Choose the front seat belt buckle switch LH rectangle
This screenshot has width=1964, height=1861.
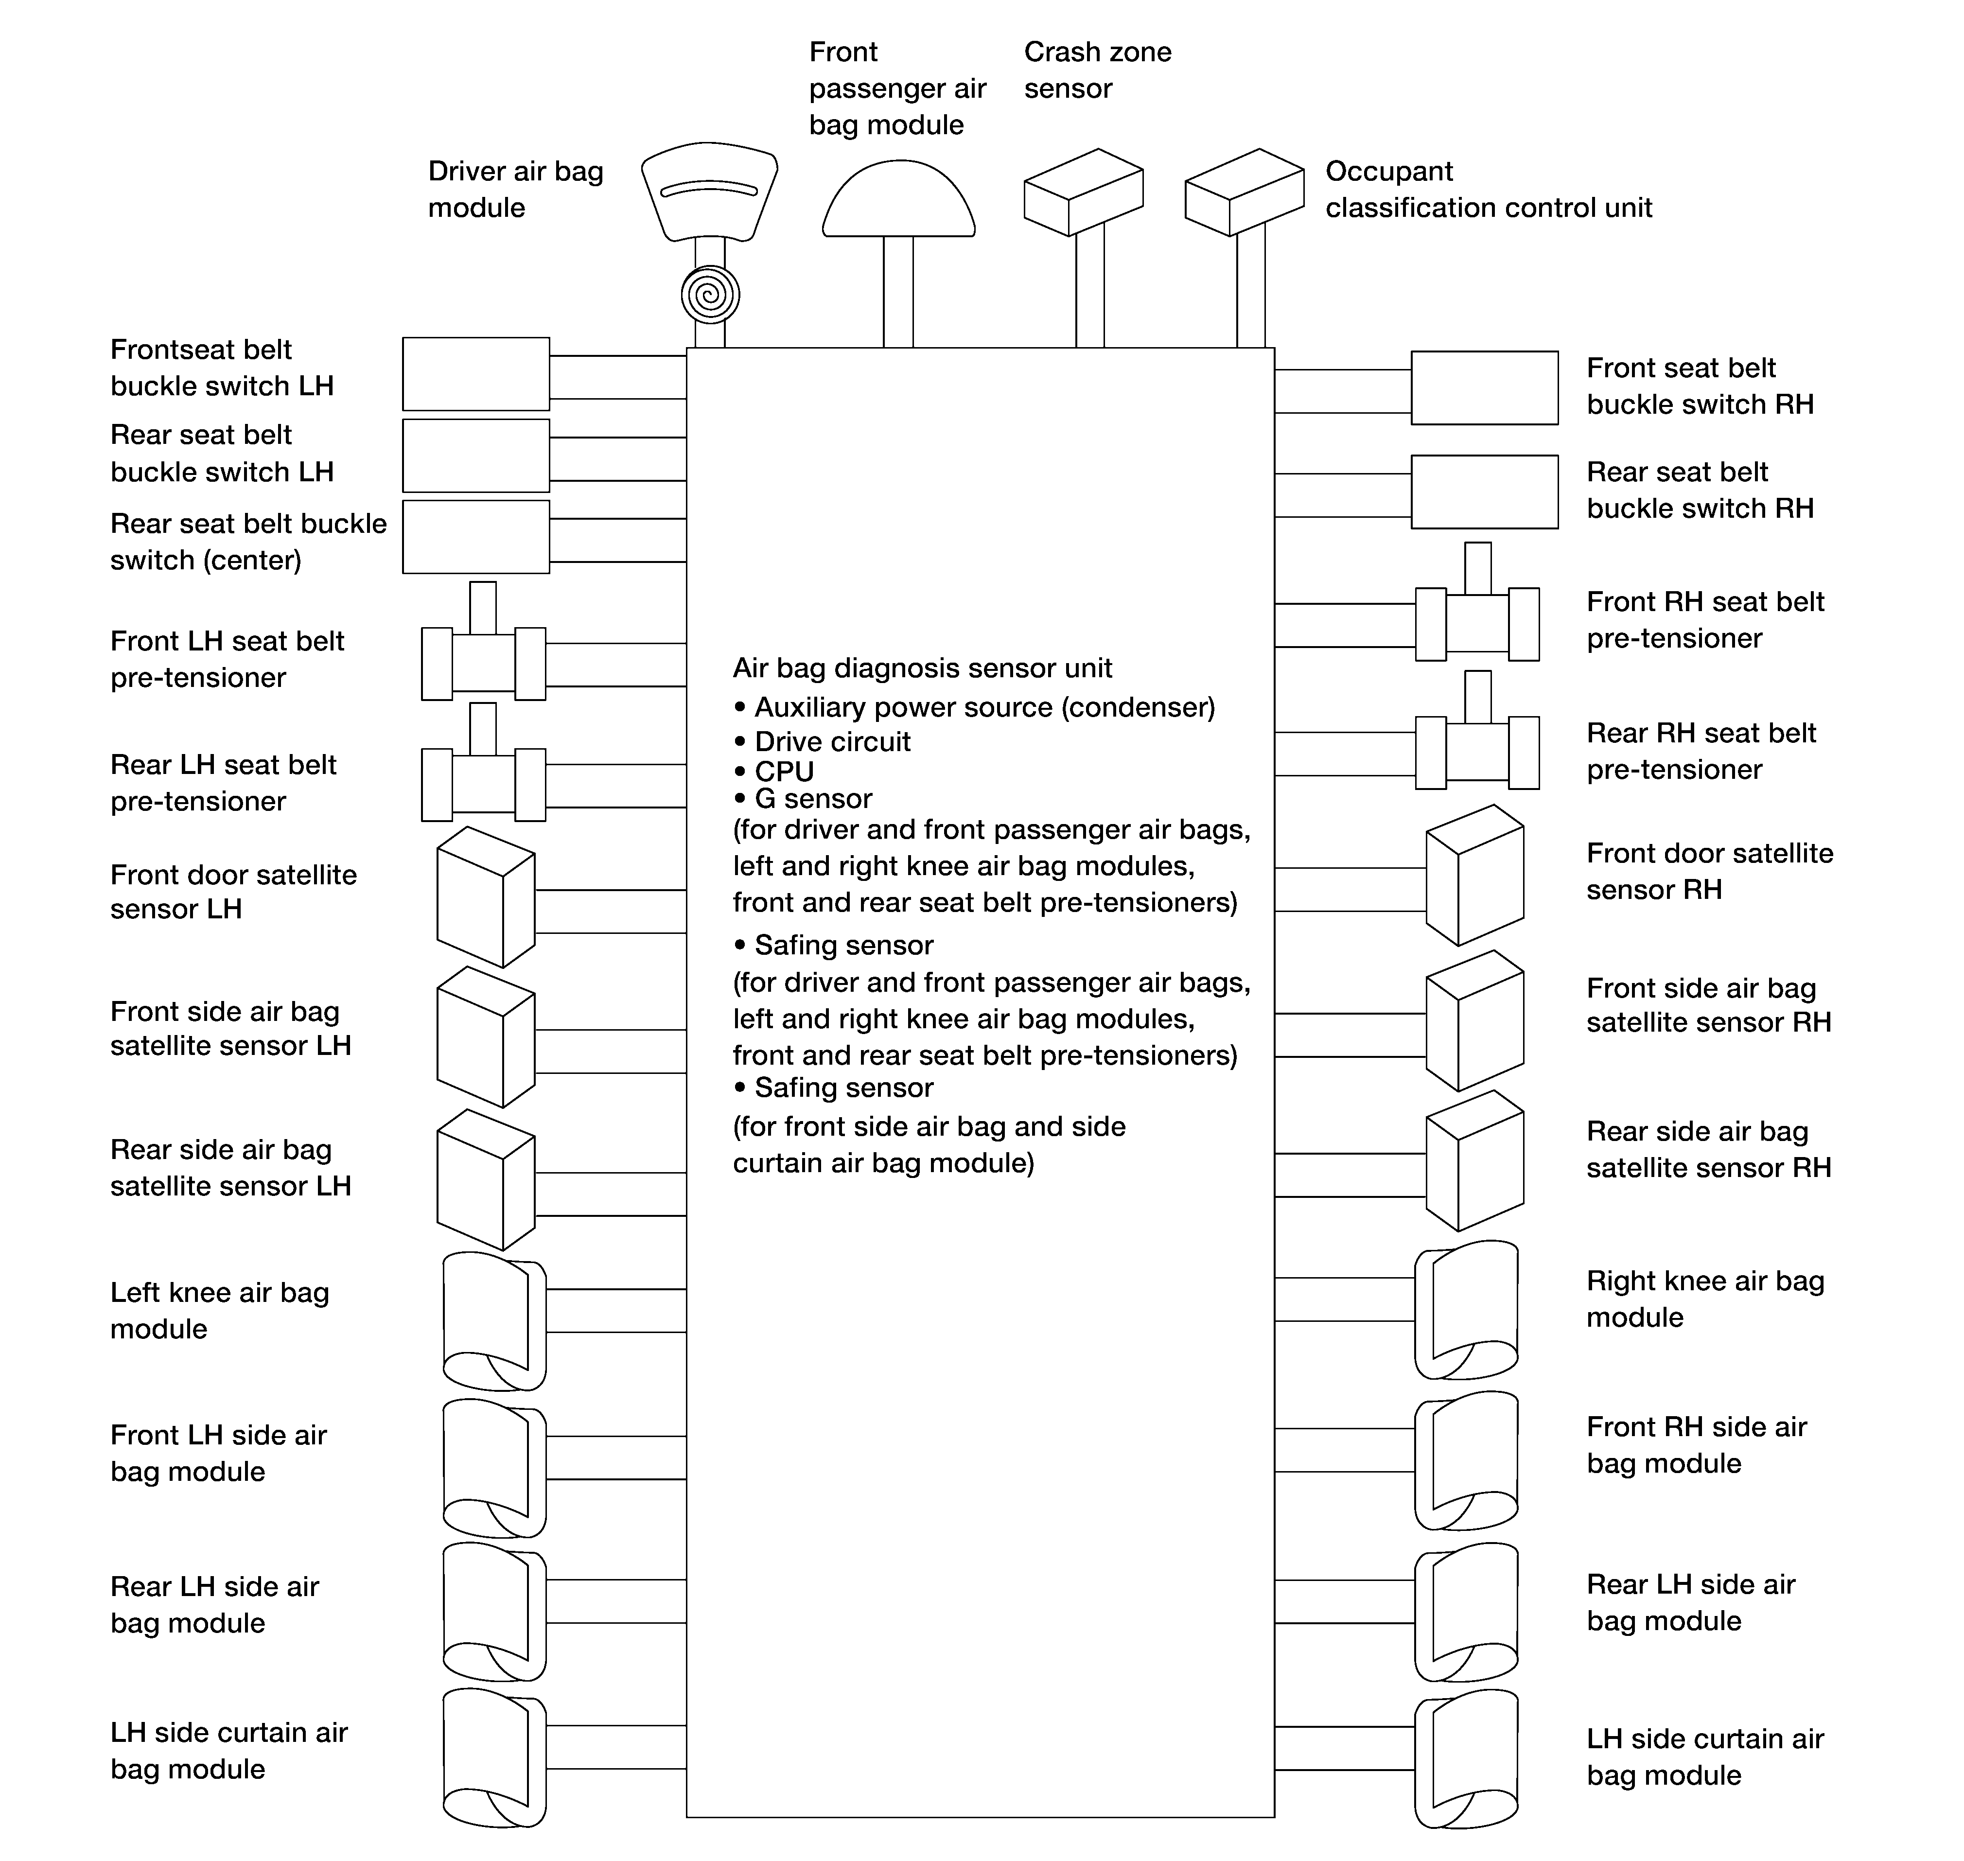(476, 374)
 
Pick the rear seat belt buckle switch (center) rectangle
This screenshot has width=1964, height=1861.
(476, 537)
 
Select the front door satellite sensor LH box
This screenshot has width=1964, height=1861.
(486, 897)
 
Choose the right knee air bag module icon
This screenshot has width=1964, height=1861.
(1466, 1309)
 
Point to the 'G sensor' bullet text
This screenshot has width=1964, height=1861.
(813, 799)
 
